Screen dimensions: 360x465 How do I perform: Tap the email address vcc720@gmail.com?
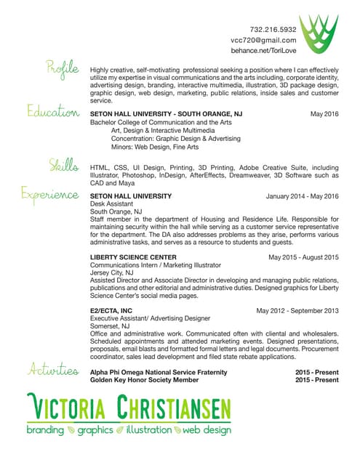pyautogui.click(x=263, y=41)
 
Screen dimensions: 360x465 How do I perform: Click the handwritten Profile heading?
pyautogui.click(x=62, y=70)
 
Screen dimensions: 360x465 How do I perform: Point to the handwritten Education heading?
pyautogui.click(x=53, y=113)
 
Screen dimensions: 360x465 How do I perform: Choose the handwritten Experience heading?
pyautogui.click(x=49, y=195)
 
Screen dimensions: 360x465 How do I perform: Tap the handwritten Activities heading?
pyautogui.click(x=53, y=370)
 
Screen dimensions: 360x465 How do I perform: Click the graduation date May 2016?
pyautogui.click(x=324, y=115)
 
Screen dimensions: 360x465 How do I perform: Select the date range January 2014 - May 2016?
pyautogui.click(x=303, y=196)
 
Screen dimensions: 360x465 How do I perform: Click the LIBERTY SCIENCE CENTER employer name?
pyautogui.click(x=132, y=257)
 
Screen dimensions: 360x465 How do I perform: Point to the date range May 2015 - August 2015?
pyautogui.click(x=303, y=257)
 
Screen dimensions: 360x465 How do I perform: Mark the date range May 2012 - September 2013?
pyautogui.click(x=297, y=310)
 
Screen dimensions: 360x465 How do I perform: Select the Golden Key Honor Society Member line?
pyautogui.click(x=143, y=380)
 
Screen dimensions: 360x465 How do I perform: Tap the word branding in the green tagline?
pyautogui.click(x=45, y=430)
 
